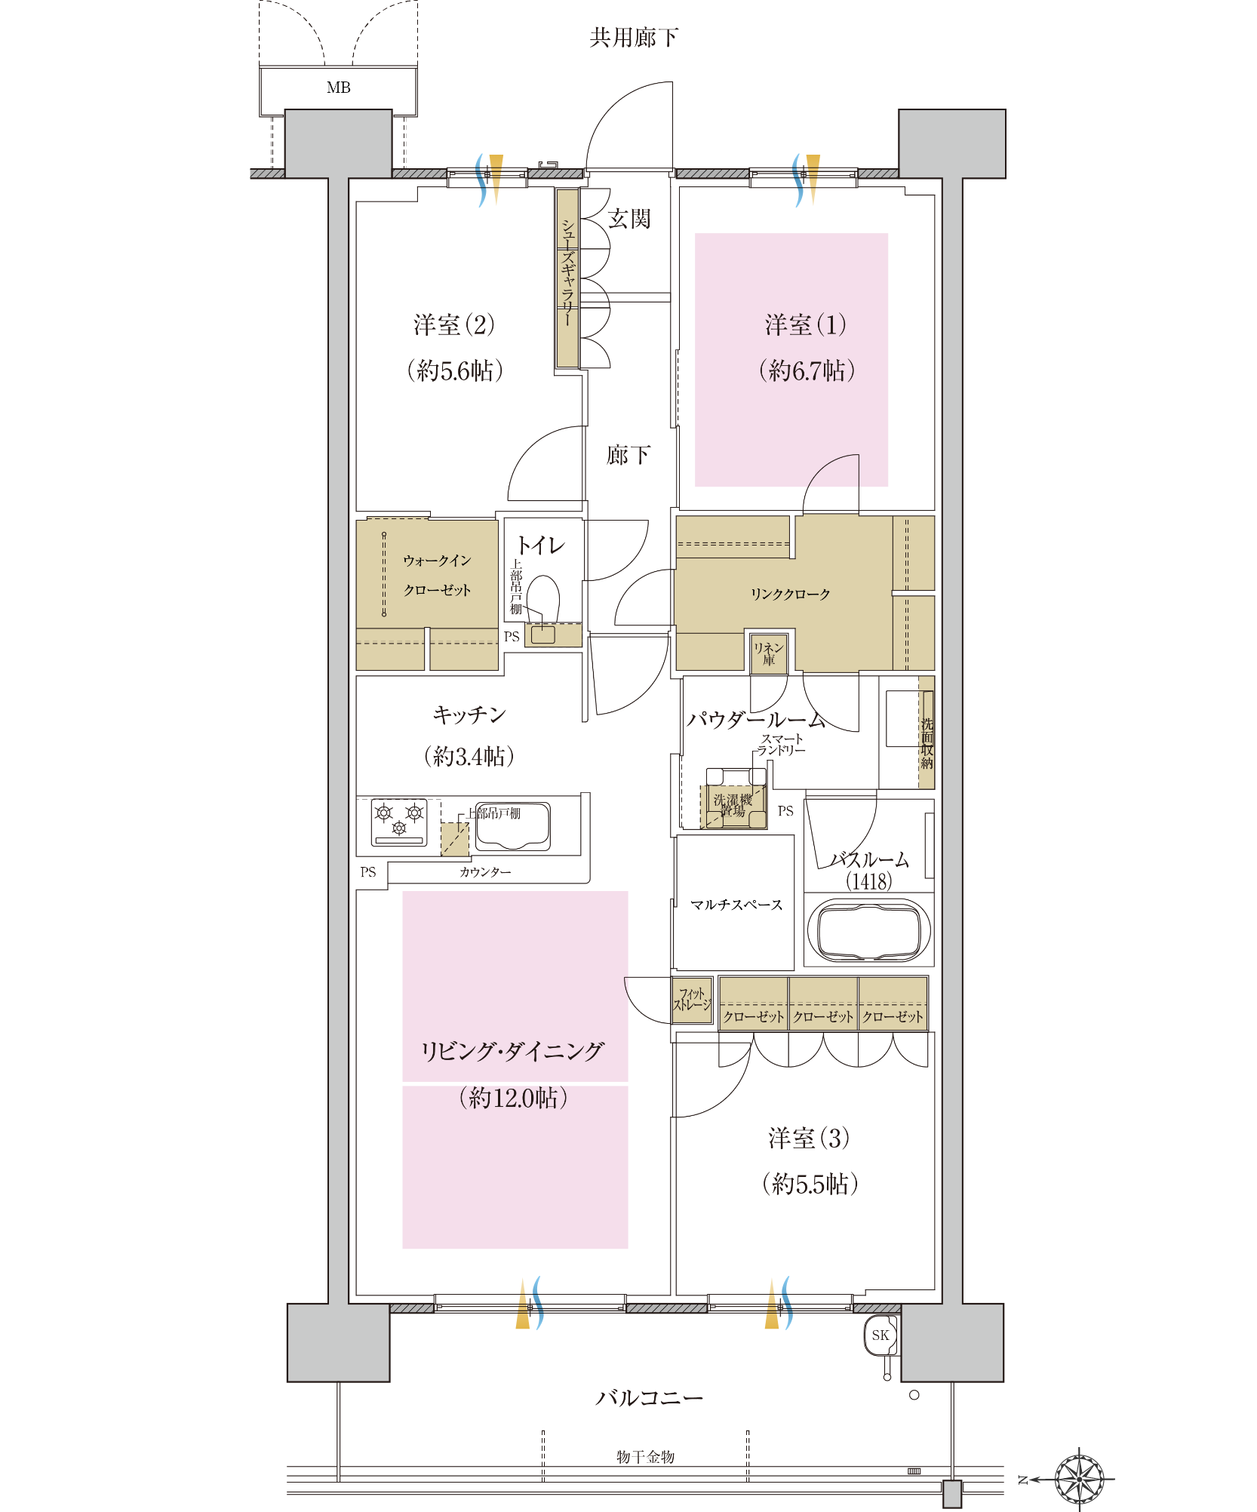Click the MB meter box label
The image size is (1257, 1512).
tap(339, 88)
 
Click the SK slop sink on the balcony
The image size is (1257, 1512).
tap(881, 1335)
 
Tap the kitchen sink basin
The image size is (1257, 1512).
tap(512, 826)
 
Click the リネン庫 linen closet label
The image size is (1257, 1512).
tap(769, 653)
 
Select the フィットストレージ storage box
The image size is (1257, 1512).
tap(693, 1000)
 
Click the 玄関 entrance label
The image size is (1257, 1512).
tap(629, 219)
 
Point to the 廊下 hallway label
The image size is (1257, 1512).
tap(628, 455)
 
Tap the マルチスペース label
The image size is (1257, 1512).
tap(736, 905)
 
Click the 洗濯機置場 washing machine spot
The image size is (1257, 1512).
tap(733, 805)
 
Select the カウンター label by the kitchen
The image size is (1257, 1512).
tap(485, 872)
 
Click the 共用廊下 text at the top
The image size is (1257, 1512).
tap(634, 37)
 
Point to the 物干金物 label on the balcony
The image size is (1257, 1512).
tap(645, 1457)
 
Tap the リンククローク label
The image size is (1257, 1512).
tap(790, 595)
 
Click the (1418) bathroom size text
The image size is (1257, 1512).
tap(868, 881)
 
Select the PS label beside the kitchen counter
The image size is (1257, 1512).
tap(368, 872)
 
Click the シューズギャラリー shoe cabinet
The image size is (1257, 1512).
tap(567, 278)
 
